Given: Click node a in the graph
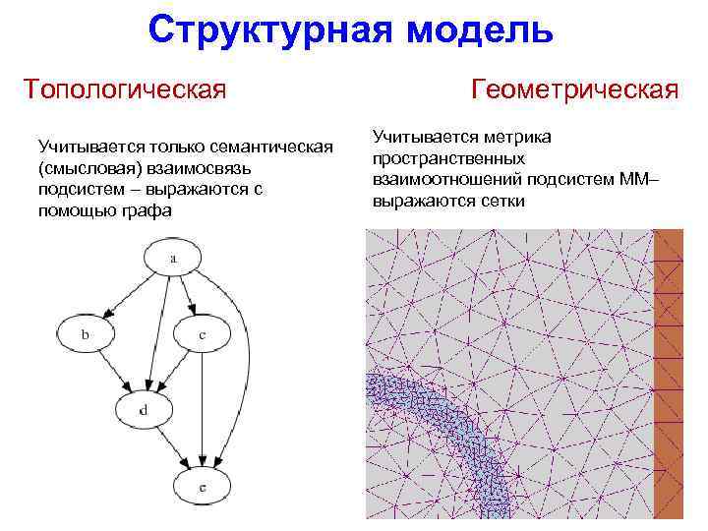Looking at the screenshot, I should click(173, 260).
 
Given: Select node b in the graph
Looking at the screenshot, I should click(86, 335).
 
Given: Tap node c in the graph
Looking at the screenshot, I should click(201, 335).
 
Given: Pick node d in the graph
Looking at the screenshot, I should click(144, 409).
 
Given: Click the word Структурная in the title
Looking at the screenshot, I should click(262, 29).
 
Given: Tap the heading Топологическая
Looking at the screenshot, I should click(125, 89).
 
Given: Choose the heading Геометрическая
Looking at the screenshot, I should click(574, 89).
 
